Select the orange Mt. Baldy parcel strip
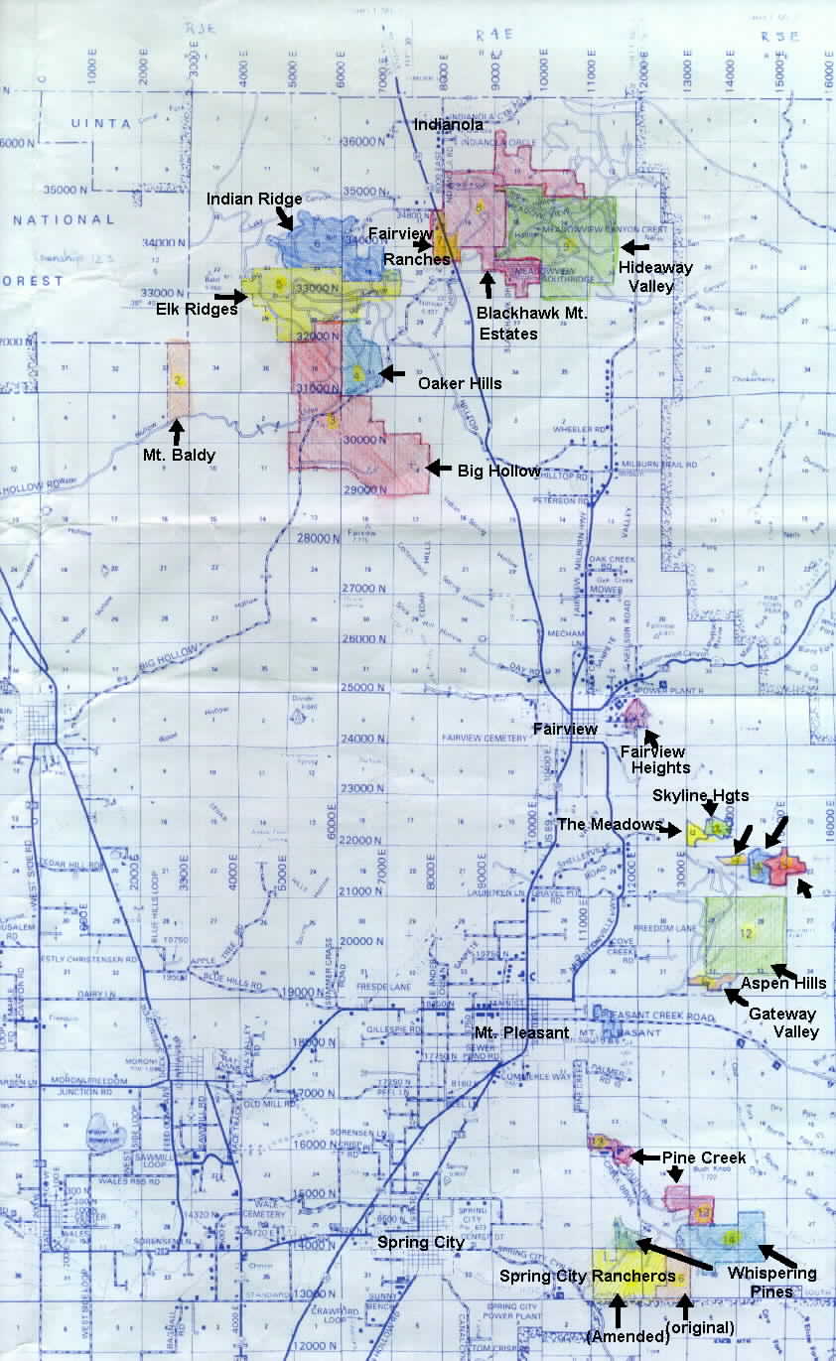178,378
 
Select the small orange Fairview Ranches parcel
445,241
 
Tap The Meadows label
609,824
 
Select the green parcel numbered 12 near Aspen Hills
746,933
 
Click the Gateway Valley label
782,1022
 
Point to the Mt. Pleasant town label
520,1032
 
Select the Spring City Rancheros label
587,1276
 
